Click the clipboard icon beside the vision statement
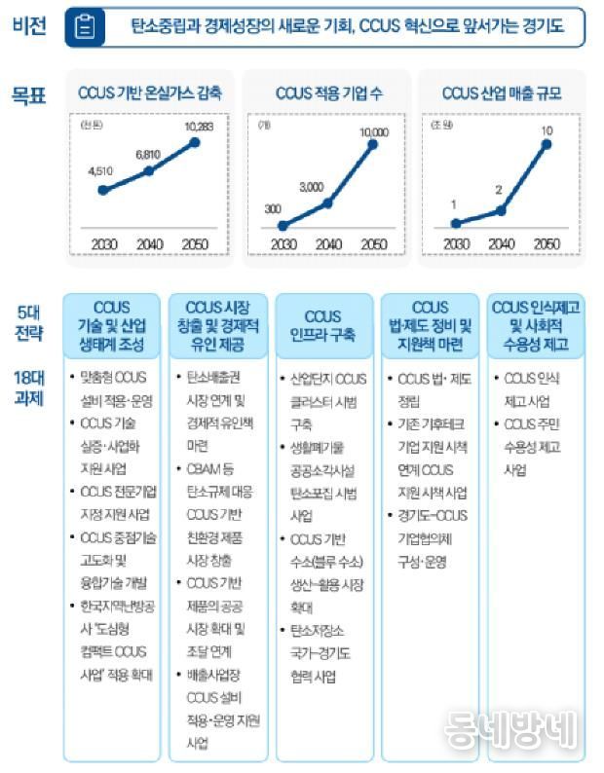click(x=86, y=28)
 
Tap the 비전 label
click(x=29, y=27)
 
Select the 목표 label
click(x=29, y=95)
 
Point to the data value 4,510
click(x=101, y=171)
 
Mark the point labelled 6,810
click(x=149, y=170)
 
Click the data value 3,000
click(x=311, y=186)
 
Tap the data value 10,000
click(x=374, y=131)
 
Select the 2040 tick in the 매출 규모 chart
click(x=500, y=243)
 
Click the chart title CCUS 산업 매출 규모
click(x=501, y=94)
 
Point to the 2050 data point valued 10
click(x=547, y=145)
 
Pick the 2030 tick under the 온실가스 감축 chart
click(x=103, y=243)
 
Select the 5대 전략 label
click(x=30, y=321)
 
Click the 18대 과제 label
click(x=30, y=386)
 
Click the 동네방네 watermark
click(x=510, y=729)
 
